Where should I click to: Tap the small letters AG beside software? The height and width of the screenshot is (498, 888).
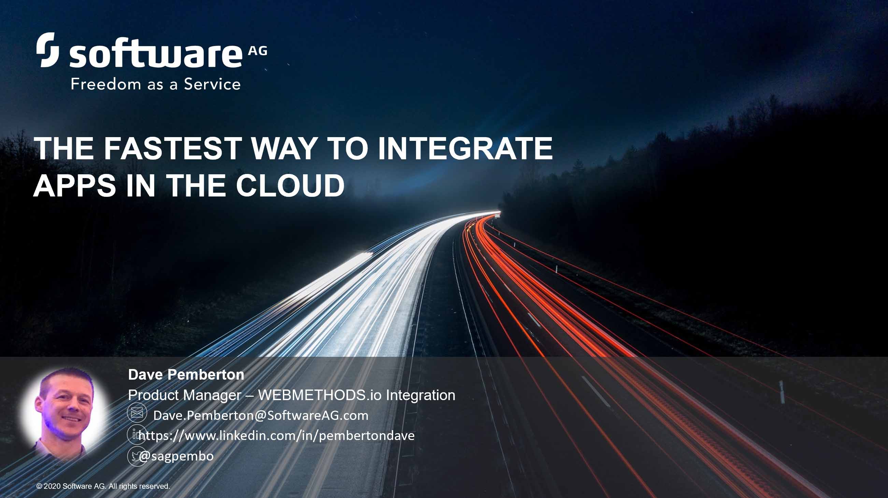click(258, 52)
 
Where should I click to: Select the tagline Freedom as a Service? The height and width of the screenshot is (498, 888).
click(156, 84)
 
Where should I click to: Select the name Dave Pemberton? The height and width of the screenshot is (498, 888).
click(186, 374)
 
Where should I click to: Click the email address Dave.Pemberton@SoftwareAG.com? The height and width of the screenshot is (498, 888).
click(261, 415)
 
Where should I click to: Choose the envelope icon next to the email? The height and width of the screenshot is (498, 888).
click(137, 412)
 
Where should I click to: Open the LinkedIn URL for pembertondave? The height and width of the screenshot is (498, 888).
click(276, 436)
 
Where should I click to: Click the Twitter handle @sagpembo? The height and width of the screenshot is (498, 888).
click(176, 456)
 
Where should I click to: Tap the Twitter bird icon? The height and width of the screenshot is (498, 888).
click(137, 456)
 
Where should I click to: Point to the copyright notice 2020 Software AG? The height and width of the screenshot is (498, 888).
click(103, 486)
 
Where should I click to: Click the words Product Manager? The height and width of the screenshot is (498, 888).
click(184, 395)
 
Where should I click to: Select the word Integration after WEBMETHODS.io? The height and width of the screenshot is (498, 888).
click(420, 395)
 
